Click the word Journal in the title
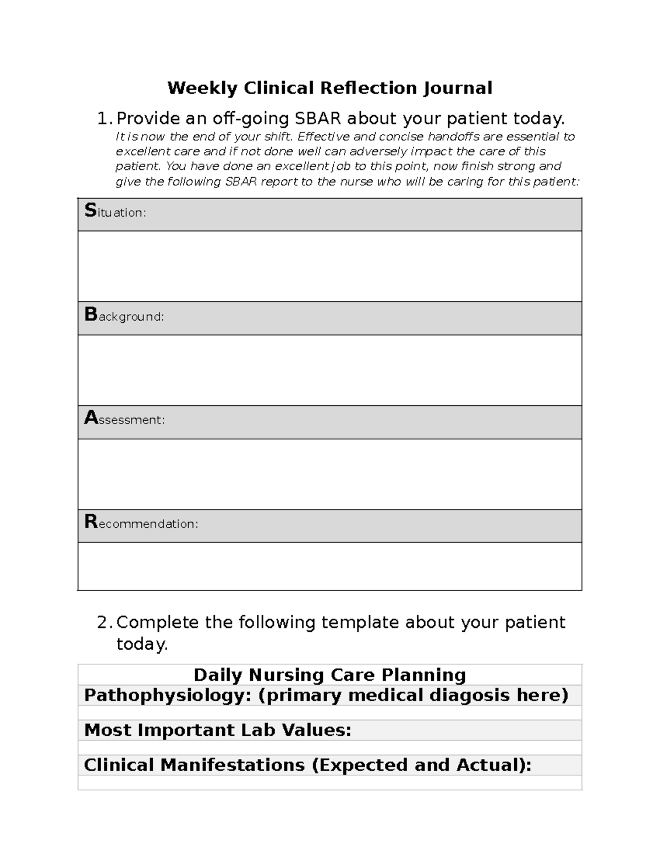tap(458, 88)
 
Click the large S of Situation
tap(90, 211)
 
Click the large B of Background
tap(91, 315)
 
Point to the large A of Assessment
tap(91, 418)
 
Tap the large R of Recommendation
tap(91, 522)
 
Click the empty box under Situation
tap(329, 266)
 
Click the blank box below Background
tap(329, 370)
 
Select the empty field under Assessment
tap(329, 474)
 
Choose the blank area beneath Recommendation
tap(329, 566)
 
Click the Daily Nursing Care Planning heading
tap(329, 675)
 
